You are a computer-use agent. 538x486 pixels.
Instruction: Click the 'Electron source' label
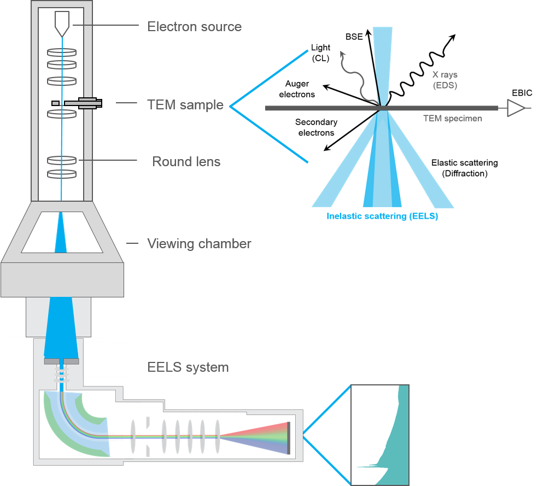coord(194,26)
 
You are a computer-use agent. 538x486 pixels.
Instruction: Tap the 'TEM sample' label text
coord(185,104)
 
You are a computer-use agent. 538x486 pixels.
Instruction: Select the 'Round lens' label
coord(186,162)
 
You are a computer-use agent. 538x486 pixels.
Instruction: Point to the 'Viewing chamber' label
coord(199,243)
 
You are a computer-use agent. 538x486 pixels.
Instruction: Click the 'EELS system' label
coord(188,367)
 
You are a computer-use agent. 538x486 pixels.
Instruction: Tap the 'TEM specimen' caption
coord(452,118)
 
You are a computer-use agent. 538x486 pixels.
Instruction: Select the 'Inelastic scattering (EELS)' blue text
coord(382,216)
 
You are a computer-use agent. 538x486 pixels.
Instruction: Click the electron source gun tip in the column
coord(62,22)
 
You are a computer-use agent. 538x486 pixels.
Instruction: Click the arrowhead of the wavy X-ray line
coord(343,54)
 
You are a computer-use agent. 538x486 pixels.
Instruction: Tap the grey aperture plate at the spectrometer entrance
coord(61,361)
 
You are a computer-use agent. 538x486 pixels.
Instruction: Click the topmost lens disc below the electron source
coord(62,53)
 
